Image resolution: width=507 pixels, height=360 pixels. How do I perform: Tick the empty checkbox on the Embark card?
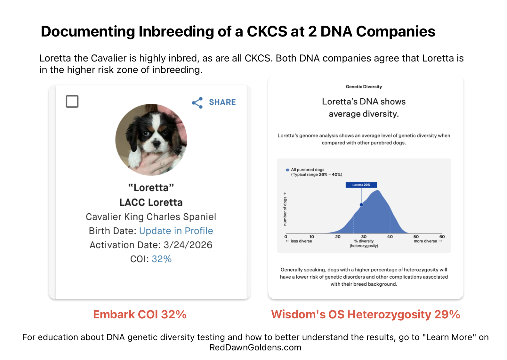[72, 101]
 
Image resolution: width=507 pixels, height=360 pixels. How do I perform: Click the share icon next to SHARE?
[197, 102]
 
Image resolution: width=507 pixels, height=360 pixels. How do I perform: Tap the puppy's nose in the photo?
[156, 143]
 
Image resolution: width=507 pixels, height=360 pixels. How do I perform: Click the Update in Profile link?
[176, 231]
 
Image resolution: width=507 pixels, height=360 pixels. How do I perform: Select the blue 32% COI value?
[161, 259]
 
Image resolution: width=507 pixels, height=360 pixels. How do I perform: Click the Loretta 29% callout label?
[361, 185]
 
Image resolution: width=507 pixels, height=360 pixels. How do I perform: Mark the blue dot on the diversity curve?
[361, 205]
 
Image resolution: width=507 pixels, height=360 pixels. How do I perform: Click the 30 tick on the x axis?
[364, 236]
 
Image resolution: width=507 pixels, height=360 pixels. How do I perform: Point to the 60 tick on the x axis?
[442, 236]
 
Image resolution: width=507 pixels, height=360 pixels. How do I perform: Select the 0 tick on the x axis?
[286, 236]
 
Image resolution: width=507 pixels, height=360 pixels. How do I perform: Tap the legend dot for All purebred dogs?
[287, 170]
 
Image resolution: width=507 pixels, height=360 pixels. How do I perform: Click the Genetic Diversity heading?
[364, 86]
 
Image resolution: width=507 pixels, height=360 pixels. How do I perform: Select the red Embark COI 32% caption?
[140, 315]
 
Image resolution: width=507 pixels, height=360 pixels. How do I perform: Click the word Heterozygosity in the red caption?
[389, 315]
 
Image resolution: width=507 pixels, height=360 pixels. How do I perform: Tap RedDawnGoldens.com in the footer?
[255, 347]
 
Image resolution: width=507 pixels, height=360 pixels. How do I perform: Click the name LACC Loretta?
[151, 202]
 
